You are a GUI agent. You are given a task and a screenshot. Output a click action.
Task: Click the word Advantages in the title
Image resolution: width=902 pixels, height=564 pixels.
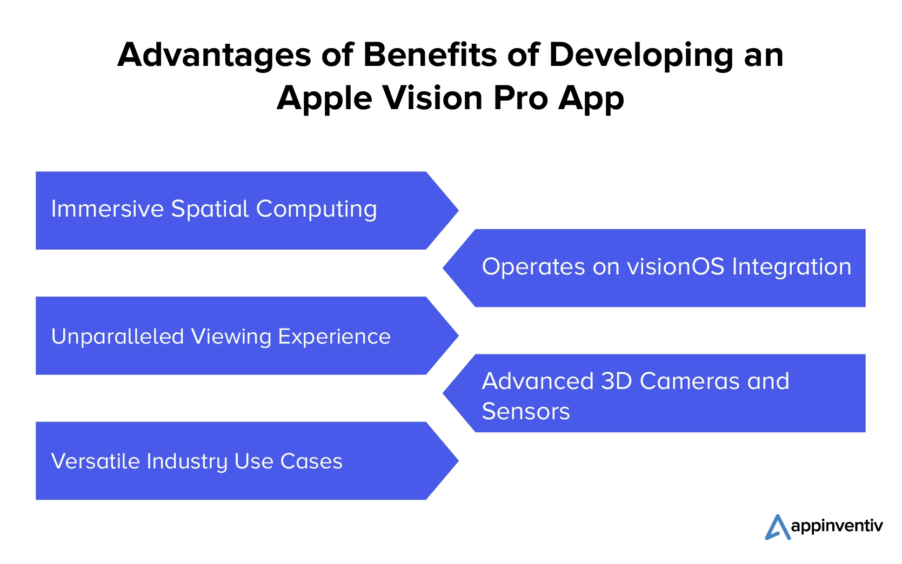(x=214, y=55)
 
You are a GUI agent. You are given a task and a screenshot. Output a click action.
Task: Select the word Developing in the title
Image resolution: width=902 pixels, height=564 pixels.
(x=642, y=55)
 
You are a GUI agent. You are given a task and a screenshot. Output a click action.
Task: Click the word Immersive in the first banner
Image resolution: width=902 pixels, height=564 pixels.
(x=108, y=209)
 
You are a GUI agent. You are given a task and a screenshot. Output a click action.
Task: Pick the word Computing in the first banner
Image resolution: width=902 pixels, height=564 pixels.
(x=317, y=210)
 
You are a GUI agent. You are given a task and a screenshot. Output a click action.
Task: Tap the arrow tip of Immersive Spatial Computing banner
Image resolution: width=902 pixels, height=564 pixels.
(x=458, y=210)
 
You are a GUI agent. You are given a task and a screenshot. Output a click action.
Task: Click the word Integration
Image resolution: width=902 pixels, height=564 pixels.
(x=792, y=267)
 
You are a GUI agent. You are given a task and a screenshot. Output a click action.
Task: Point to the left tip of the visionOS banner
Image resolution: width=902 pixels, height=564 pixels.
(x=443, y=268)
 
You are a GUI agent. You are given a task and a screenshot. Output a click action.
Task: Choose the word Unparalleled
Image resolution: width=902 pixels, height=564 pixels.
(x=118, y=336)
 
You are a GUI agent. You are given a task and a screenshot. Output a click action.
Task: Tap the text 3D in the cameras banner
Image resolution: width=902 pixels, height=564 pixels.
(x=616, y=381)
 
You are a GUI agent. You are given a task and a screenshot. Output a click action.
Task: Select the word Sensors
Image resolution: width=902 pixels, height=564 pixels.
(x=526, y=412)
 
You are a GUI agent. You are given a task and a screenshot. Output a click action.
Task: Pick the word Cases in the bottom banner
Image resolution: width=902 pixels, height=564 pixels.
(x=311, y=461)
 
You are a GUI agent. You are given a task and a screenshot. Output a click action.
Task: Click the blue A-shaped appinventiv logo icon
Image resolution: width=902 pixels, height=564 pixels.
(x=777, y=527)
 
